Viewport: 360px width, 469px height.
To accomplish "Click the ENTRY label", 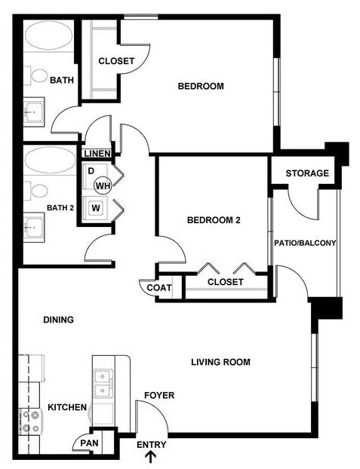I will pos(151,444).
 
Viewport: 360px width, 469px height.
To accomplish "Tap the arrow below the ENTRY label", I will pos(151,456).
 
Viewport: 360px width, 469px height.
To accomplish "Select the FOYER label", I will pos(159,395).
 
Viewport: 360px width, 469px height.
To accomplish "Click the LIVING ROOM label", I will pos(220,362).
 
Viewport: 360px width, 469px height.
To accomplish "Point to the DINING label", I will pos(58,320).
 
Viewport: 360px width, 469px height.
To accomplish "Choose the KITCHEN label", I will pos(67,407).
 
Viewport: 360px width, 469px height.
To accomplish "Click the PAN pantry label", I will pos(88,443).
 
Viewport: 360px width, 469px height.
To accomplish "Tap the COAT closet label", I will pos(158,287).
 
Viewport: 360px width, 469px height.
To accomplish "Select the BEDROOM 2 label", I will pos(214,220).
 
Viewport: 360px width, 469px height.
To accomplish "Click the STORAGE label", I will pos(307,173).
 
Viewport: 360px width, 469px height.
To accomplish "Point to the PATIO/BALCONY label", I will pos(304,243).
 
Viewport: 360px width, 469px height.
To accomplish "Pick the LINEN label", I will pos(97,154).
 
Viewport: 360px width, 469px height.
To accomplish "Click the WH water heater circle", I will pos(103,185).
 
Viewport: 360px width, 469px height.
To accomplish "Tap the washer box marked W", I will pos(96,207).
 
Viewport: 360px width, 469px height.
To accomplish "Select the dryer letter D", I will pos(91,171).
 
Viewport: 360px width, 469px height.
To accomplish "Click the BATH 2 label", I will pos(60,208).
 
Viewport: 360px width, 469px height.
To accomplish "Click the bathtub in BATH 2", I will pos(49,160).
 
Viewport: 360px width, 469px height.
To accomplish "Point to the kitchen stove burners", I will pos(30,421).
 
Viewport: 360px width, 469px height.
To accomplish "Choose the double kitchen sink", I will pos(103,383).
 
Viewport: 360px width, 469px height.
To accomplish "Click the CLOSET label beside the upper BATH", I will pos(116,60).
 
